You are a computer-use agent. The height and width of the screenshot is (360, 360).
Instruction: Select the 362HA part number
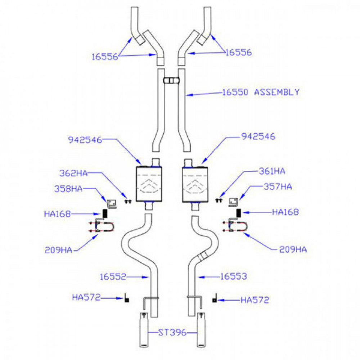click(x=73, y=173)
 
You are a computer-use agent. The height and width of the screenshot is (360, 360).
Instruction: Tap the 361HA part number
click(x=272, y=171)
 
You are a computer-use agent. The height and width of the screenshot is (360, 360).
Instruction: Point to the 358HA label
click(x=68, y=189)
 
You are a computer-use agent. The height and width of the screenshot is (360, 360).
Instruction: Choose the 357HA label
click(x=278, y=186)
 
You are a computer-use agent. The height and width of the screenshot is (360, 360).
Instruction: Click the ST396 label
click(x=172, y=333)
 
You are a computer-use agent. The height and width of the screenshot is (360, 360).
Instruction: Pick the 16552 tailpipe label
click(x=113, y=277)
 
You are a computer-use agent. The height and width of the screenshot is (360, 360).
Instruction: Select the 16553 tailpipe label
click(x=234, y=276)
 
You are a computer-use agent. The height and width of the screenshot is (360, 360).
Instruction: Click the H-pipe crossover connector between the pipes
click(x=171, y=80)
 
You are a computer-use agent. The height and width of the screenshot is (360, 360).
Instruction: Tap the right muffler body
click(x=195, y=184)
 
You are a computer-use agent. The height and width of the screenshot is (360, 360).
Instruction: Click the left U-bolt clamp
click(x=105, y=227)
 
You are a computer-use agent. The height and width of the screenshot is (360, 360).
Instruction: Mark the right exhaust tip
click(x=202, y=330)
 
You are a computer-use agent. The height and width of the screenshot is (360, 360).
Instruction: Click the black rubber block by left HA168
click(x=105, y=213)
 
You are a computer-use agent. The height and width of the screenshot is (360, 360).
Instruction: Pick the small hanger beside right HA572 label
click(x=215, y=298)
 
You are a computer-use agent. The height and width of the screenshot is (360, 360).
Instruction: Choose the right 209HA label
click(x=293, y=249)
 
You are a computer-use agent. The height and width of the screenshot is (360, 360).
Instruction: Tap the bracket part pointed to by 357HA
click(x=233, y=202)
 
